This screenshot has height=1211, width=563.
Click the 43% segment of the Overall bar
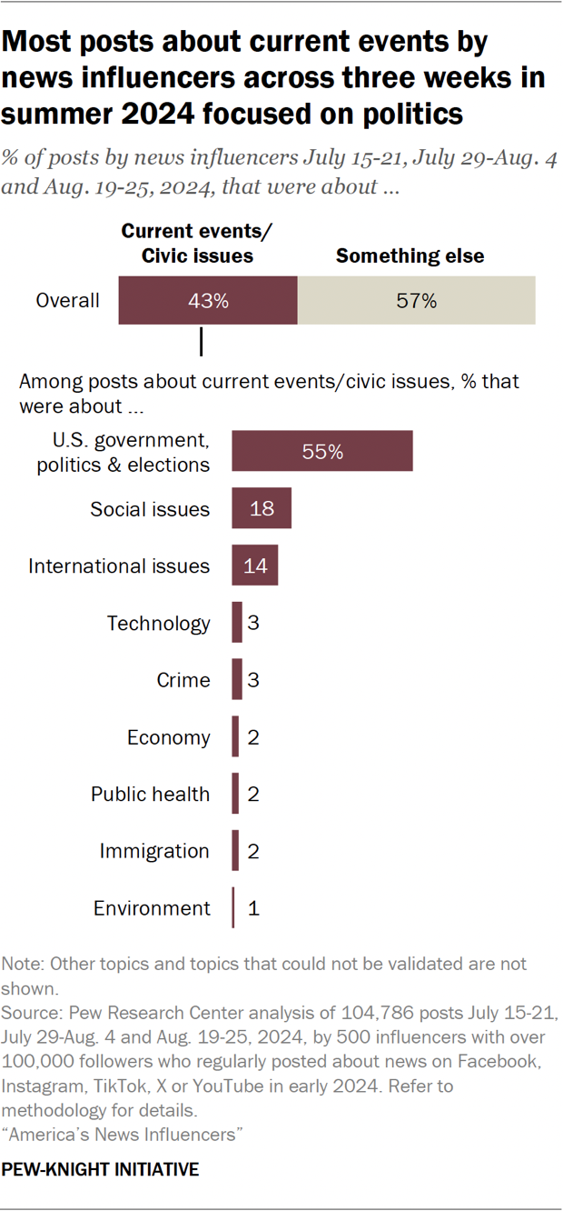tap(208, 301)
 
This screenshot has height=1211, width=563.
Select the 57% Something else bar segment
tap(416, 301)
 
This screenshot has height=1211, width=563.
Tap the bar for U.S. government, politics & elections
tap(322, 451)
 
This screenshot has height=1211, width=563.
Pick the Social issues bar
tap(262, 508)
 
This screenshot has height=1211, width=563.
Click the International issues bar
tap(254, 565)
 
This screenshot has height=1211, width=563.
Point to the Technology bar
tap(237, 623)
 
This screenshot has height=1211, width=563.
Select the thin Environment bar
tap(233, 907)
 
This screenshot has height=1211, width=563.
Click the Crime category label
tap(183, 680)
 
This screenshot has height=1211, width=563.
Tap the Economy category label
tap(168, 737)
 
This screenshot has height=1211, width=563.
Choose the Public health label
tap(150, 794)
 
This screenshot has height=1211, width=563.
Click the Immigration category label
tap(154, 851)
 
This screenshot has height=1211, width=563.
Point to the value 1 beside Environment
tap(254, 908)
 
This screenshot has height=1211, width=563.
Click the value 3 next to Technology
tap(254, 624)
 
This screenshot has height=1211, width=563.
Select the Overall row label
tap(67, 301)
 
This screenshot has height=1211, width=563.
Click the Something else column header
tap(410, 256)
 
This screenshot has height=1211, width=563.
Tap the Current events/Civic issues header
tap(197, 244)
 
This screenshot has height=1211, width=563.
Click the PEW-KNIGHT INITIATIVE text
tap(100, 1169)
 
